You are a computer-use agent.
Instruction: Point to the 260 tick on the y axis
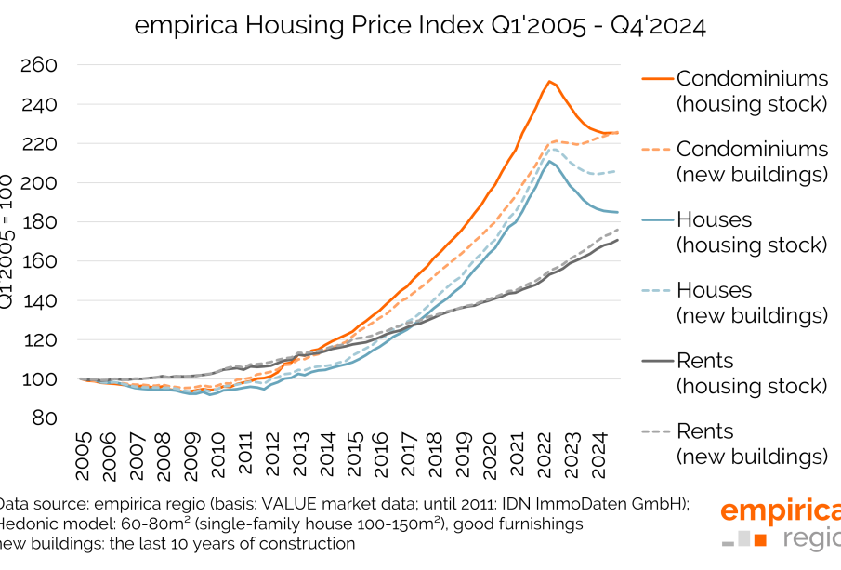39,66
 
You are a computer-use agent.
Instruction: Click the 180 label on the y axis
39,223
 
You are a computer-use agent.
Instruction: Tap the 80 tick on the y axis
45,418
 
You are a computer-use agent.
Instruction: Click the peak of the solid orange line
550,81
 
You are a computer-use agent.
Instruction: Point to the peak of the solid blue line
550,161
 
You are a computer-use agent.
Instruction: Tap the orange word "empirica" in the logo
779,511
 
